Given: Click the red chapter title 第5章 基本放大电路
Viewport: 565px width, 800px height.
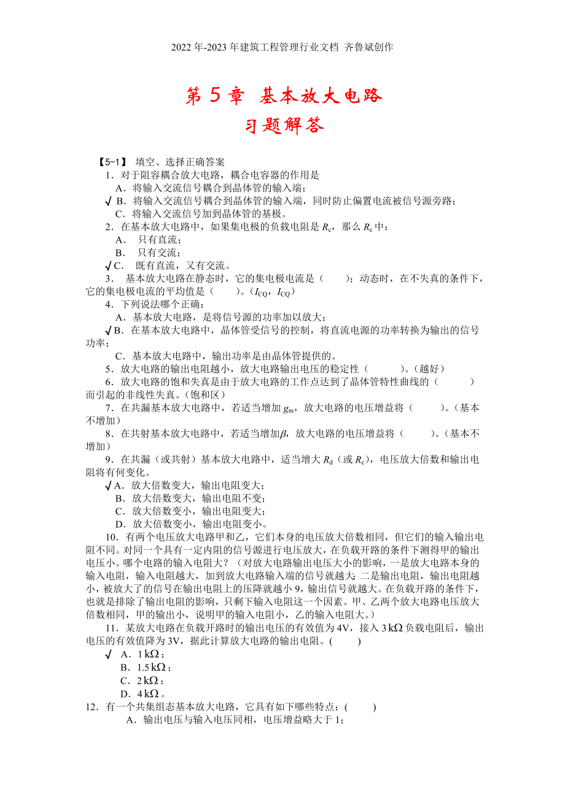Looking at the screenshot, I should point(284,95).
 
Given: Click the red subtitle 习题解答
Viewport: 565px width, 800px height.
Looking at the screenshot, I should point(284,125).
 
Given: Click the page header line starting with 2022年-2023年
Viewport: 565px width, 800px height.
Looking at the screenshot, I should point(282,47).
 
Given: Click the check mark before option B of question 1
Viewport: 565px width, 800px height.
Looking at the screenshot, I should point(109,201).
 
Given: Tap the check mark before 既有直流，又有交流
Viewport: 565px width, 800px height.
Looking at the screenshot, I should point(109,265).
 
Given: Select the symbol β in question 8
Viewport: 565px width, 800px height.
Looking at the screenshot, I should point(283,434).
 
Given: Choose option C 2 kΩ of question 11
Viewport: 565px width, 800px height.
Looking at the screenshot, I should point(141,680).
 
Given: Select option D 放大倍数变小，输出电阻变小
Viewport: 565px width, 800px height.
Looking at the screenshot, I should point(190,524).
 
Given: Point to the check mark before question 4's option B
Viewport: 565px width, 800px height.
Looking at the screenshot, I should point(109,330).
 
